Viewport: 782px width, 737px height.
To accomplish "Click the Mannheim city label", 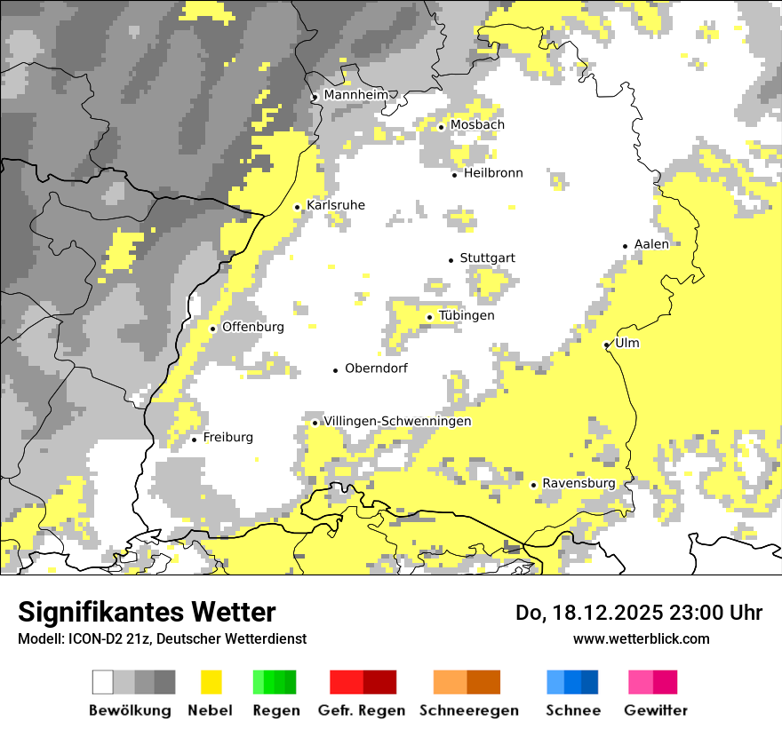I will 355,95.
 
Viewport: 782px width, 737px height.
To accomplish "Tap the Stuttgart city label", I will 487,258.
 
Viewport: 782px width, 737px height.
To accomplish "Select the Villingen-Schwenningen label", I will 397,421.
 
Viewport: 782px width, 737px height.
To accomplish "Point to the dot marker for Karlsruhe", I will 298,207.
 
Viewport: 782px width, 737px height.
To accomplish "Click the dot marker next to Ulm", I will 607,345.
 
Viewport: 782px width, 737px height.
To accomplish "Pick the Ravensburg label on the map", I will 579,483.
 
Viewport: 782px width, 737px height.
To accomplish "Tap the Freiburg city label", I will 227,437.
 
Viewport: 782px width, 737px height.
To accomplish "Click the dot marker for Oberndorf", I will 335,369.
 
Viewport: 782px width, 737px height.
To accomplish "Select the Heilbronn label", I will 493,173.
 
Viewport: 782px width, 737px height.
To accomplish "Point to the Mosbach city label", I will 476,125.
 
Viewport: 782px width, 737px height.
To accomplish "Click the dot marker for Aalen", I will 626,246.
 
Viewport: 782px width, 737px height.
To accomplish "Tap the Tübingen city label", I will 467,315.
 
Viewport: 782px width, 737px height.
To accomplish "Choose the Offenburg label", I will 252,327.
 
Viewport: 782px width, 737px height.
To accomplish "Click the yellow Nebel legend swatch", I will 211,682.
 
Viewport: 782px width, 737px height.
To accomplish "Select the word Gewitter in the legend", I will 656,710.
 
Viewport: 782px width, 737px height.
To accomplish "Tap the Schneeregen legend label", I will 469,710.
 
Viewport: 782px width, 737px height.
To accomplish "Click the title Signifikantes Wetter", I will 147,612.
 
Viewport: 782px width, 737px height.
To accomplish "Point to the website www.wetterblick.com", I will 641,638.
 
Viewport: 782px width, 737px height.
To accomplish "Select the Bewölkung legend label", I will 130,710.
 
